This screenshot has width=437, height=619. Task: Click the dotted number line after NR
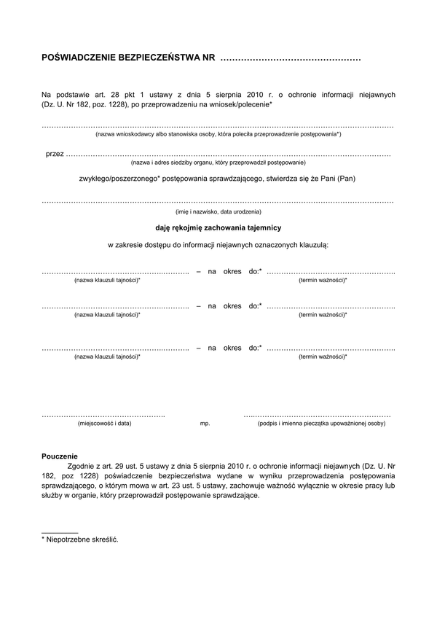(290, 58)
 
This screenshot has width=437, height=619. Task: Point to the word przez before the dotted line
(54, 154)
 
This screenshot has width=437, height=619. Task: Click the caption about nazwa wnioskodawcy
(218, 135)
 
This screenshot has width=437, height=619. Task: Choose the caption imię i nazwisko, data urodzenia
(218, 211)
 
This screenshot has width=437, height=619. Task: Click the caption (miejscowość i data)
(104, 423)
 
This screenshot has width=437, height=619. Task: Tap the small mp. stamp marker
(205, 424)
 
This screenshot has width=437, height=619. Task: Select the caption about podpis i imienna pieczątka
(321, 423)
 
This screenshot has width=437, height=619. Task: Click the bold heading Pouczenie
(60, 456)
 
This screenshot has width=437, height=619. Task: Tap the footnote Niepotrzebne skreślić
(82, 540)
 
